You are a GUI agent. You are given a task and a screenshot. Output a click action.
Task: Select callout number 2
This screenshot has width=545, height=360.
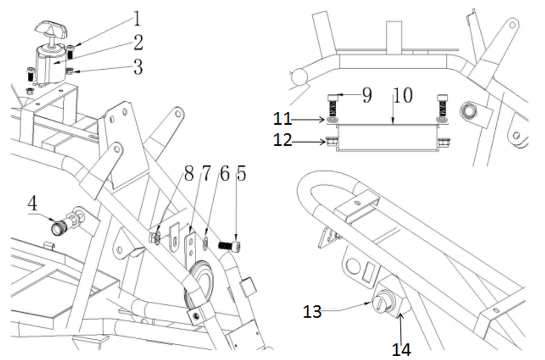tap(137, 42)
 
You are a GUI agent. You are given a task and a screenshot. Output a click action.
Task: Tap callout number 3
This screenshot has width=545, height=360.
tap(137, 68)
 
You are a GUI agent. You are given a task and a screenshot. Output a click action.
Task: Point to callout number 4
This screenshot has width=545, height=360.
tap(34, 206)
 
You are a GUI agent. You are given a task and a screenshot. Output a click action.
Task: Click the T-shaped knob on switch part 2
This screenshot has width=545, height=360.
tap(50, 27)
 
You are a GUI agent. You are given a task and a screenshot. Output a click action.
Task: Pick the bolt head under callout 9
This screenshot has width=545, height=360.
tap(333, 99)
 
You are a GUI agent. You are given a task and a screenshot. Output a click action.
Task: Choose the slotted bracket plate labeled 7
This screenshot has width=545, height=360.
tap(190, 245)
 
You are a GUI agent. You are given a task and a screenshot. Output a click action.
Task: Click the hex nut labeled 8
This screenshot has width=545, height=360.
tap(154, 238)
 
